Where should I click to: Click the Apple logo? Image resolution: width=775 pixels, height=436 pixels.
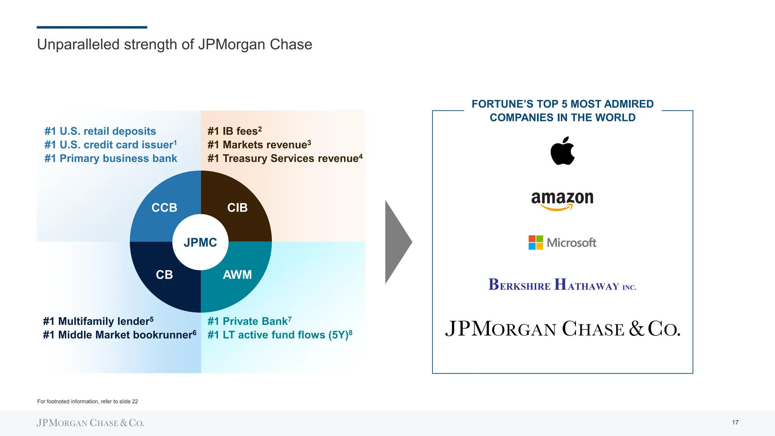tap(563, 151)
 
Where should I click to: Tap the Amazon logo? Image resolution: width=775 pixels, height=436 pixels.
tap(562, 199)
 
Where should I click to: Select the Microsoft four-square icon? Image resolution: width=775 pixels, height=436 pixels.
tap(535, 243)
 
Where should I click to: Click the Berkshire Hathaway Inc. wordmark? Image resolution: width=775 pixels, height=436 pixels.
tap(562, 285)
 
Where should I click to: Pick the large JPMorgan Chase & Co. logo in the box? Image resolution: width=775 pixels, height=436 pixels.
tap(563, 329)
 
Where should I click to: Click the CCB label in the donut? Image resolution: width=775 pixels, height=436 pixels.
tap(164, 207)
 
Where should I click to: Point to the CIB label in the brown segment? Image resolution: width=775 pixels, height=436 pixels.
tap(237, 207)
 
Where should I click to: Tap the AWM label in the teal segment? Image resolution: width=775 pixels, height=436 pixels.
tap(237, 274)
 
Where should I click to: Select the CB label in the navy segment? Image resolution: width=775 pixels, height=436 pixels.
tap(164, 274)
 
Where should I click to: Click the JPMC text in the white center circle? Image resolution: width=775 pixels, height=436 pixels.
tap(200, 242)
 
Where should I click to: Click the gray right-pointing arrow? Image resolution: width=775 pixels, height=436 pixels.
tap(397, 242)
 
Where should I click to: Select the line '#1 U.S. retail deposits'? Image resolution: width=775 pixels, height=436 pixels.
tap(100, 131)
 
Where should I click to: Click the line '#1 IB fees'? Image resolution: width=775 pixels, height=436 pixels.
tap(234, 131)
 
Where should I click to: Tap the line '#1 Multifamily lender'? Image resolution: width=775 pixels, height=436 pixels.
tap(98, 321)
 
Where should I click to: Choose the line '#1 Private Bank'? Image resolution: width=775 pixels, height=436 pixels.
tap(249, 321)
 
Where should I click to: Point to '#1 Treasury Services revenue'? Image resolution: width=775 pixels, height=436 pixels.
tap(285, 158)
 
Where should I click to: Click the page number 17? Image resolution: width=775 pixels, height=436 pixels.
tap(735, 422)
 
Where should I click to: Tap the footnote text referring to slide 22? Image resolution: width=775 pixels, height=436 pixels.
tap(87, 402)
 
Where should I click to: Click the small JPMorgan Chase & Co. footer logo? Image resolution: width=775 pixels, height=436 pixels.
tap(90, 423)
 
